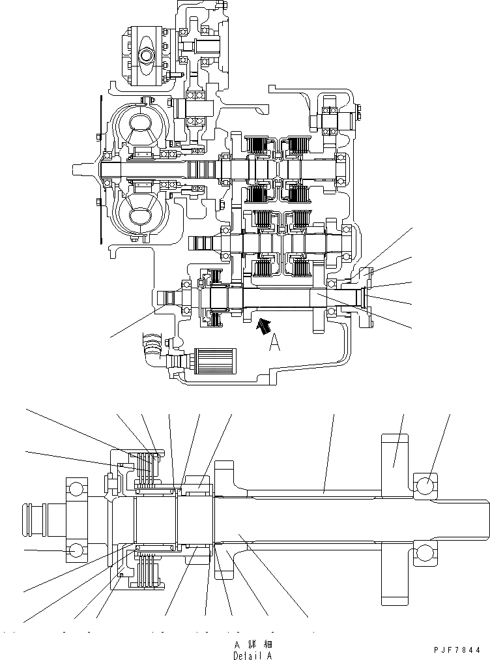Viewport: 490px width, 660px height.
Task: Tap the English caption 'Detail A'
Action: pos(252,655)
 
